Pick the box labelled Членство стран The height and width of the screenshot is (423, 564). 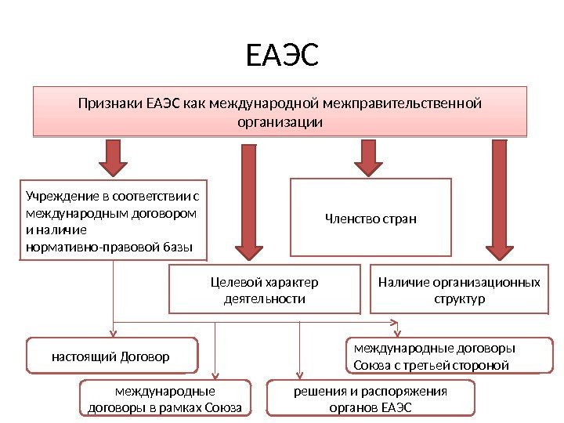[371, 219]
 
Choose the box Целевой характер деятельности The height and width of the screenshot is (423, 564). [265, 291]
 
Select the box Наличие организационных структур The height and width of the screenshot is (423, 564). [459, 291]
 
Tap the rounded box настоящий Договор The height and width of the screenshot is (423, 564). [110, 356]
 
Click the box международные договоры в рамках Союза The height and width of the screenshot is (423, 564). [165, 399]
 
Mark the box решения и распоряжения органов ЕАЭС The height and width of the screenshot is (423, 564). [371, 399]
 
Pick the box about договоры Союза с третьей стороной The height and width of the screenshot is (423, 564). [449, 356]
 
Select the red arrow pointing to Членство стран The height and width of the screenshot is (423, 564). [368, 157]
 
